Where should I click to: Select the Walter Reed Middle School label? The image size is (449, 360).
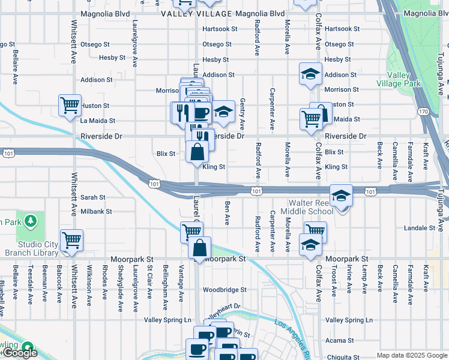(x=311, y=207)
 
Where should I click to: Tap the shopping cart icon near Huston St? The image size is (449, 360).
(x=70, y=105)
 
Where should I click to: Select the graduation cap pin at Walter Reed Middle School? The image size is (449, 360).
(x=341, y=196)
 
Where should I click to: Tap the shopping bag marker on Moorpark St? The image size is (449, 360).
(x=199, y=248)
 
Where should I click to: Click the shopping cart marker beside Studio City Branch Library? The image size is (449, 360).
(x=71, y=240)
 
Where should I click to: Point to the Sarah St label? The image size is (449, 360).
(x=92, y=197)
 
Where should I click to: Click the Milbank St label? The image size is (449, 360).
(x=96, y=212)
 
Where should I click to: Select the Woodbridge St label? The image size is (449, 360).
(x=224, y=289)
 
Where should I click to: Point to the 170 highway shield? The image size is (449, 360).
(x=423, y=112)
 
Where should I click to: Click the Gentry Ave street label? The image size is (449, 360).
(x=243, y=114)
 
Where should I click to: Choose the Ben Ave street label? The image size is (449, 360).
(x=227, y=213)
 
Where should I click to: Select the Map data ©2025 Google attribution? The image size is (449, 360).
(x=411, y=355)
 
